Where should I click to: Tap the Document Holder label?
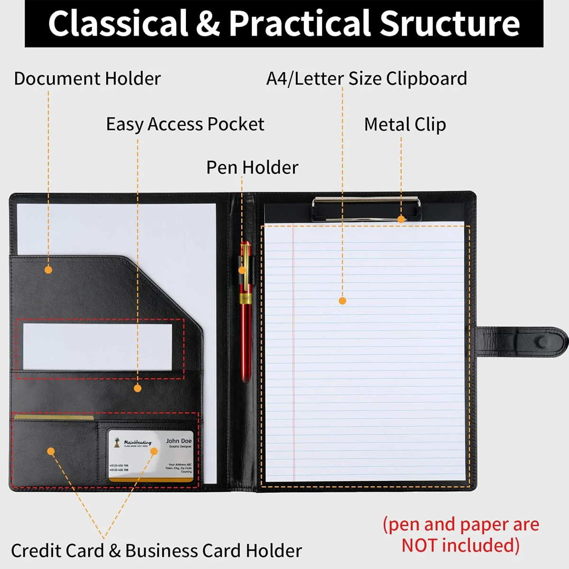87,79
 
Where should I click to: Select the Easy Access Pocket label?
185,124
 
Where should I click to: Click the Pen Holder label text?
252,167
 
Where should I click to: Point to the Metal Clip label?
405,125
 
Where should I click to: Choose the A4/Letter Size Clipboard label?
367,79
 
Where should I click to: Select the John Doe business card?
151,456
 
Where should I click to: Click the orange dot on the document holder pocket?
48,270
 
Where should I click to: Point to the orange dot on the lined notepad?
342,301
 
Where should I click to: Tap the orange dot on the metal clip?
401,219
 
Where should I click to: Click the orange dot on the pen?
242,270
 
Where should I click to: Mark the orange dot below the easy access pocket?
138,388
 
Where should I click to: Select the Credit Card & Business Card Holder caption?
156,551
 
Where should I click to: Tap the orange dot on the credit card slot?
51,451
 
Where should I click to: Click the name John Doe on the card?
179,441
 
